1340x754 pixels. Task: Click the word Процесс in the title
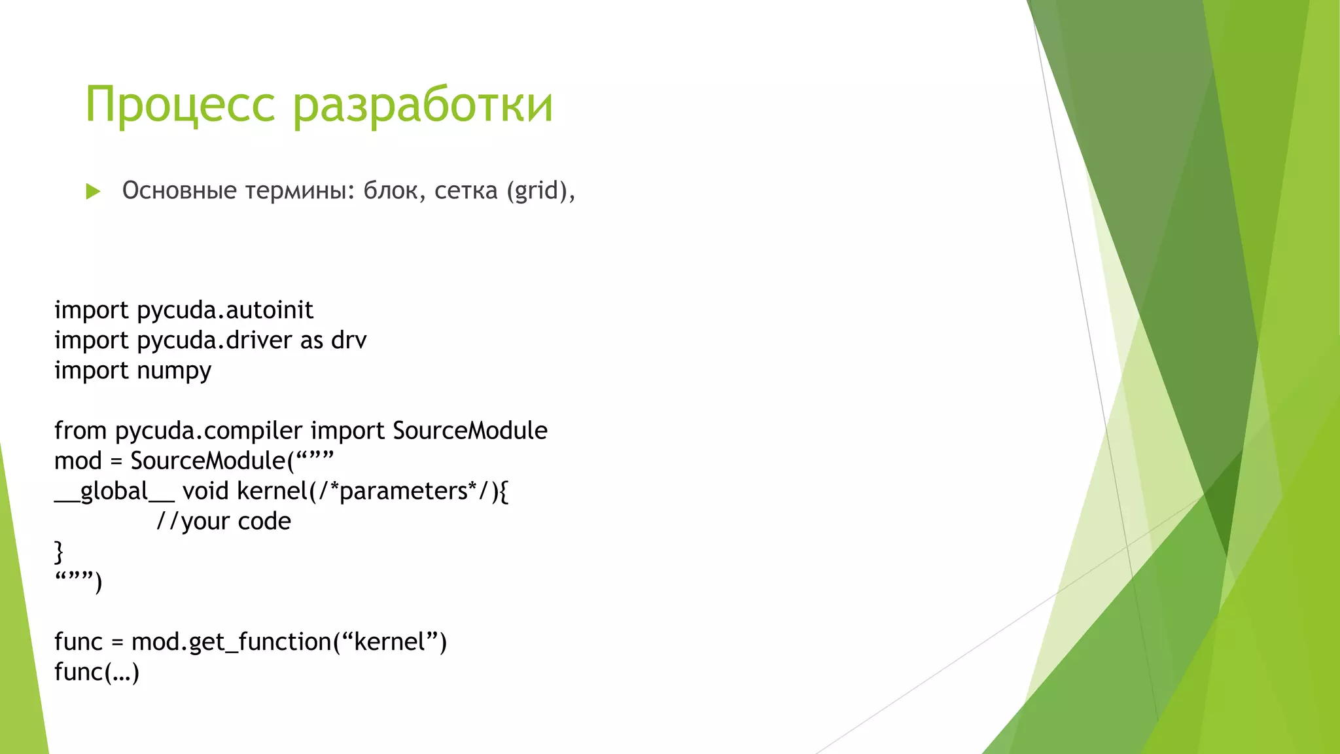[x=180, y=105]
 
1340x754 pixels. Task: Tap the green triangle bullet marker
[x=93, y=192]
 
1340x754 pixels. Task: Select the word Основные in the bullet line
[x=179, y=190]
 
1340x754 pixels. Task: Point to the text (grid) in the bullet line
[x=536, y=190]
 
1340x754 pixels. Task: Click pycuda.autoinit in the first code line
[x=225, y=310]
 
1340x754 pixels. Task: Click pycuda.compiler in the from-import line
[x=209, y=431]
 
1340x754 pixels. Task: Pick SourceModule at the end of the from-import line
[x=470, y=431]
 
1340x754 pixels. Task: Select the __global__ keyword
[x=114, y=491]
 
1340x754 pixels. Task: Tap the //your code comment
[x=223, y=521]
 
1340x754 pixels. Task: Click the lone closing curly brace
[x=59, y=551]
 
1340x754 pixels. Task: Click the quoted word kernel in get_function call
[x=390, y=642]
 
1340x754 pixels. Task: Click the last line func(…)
[x=97, y=672]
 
